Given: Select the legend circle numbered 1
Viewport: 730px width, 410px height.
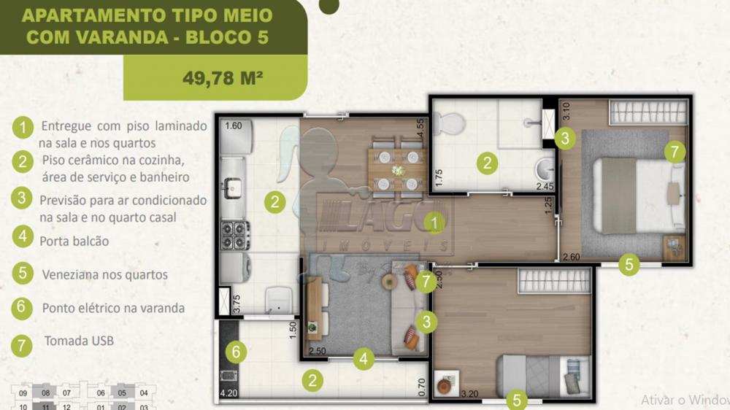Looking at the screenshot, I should pyautogui.click(x=23, y=128).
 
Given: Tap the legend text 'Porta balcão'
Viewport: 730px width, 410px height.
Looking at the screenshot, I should pyautogui.click(x=74, y=240).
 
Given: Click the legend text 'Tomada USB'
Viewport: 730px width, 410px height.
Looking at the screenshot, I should pyautogui.click(x=79, y=341).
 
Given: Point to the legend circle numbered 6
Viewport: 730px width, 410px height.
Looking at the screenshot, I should pyautogui.click(x=23, y=307).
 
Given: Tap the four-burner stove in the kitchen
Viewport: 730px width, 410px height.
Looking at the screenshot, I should pyautogui.click(x=235, y=235).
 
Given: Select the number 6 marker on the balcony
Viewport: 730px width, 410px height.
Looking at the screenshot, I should pyautogui.click(x=235, y=352).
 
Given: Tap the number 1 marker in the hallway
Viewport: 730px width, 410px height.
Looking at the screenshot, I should pyautogui.click(x=435, y=223).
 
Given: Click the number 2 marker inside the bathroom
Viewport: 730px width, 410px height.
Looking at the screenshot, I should pyautogui.click(x=487, y=163).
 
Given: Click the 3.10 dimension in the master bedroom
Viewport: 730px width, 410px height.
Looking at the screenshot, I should pyautogui.click(x=565, y=112).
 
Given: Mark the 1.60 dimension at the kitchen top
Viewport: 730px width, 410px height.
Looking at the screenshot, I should pyautogui.click(x=234, y=125).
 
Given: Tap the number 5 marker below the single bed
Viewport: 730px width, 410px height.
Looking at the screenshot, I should pyautogui.click(x=516, y=400).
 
